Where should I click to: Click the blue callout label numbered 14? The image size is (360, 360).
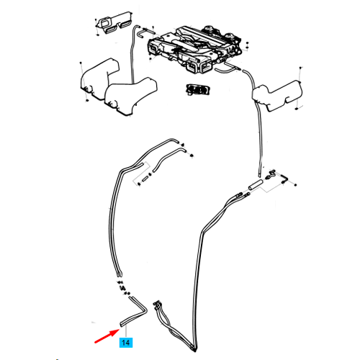click(x=126, y=342)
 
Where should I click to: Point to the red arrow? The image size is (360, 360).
click(x=107, y=336)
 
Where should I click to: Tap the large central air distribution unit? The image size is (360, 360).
click(x=195, y=48)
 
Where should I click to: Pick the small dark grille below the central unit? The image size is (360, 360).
click(x=198, y=90)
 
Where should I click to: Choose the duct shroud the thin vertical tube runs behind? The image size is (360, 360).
click(x=131, y=96)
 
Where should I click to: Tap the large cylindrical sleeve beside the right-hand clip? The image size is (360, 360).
click(x=256, y=185)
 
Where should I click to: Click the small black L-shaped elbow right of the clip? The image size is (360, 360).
click(x=284, y=179)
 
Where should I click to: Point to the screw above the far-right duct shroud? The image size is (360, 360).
click(x=300, y=68)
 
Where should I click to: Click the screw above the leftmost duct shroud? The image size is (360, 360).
click(x=81, y=63)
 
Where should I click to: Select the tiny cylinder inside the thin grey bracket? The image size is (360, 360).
click(x=145, y=179)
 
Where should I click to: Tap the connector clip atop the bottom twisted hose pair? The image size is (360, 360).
click(x=156, y=304)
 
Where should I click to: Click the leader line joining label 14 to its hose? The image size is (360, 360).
click(x=126, y=331)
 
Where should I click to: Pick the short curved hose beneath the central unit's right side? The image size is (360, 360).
click(x=225, y=70)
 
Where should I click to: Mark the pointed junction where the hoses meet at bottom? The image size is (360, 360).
click(x=194, y=351)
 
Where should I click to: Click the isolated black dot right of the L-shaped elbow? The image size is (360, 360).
click(x=295, y=185)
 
